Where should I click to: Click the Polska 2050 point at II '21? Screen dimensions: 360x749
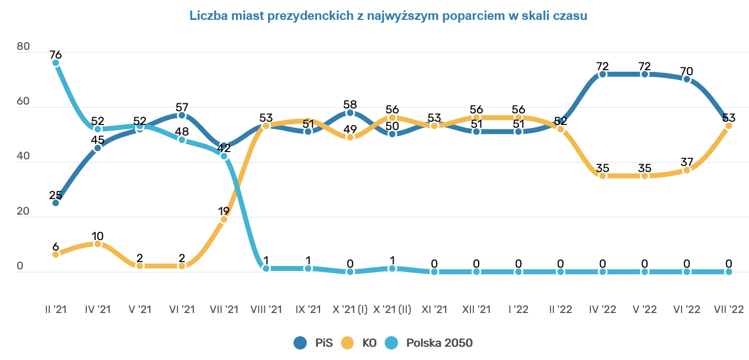tap(55, 63)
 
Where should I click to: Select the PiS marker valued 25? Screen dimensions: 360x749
tap(55, 203)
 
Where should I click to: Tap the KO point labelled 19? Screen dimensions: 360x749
tap(224, 220)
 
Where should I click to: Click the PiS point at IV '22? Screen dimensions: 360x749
tap(603, 74)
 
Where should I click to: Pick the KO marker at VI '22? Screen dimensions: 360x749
tap(687, 170)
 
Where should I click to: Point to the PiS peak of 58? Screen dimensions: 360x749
tap(350, 113)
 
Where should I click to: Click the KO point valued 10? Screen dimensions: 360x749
tap(98, 244)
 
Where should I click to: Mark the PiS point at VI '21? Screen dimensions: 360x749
tap(182, 115)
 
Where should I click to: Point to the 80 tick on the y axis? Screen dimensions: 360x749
tap(23, 47)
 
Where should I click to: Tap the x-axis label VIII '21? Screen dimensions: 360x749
tap(266, 309)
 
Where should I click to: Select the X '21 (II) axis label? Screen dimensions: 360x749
tap(392, 309)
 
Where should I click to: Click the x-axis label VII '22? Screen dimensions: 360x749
tap(729, 309)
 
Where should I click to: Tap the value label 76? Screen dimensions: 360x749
tap(55, 55)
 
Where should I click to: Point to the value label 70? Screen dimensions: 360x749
tap(687, 71)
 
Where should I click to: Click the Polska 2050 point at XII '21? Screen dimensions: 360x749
tap(476, 272)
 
